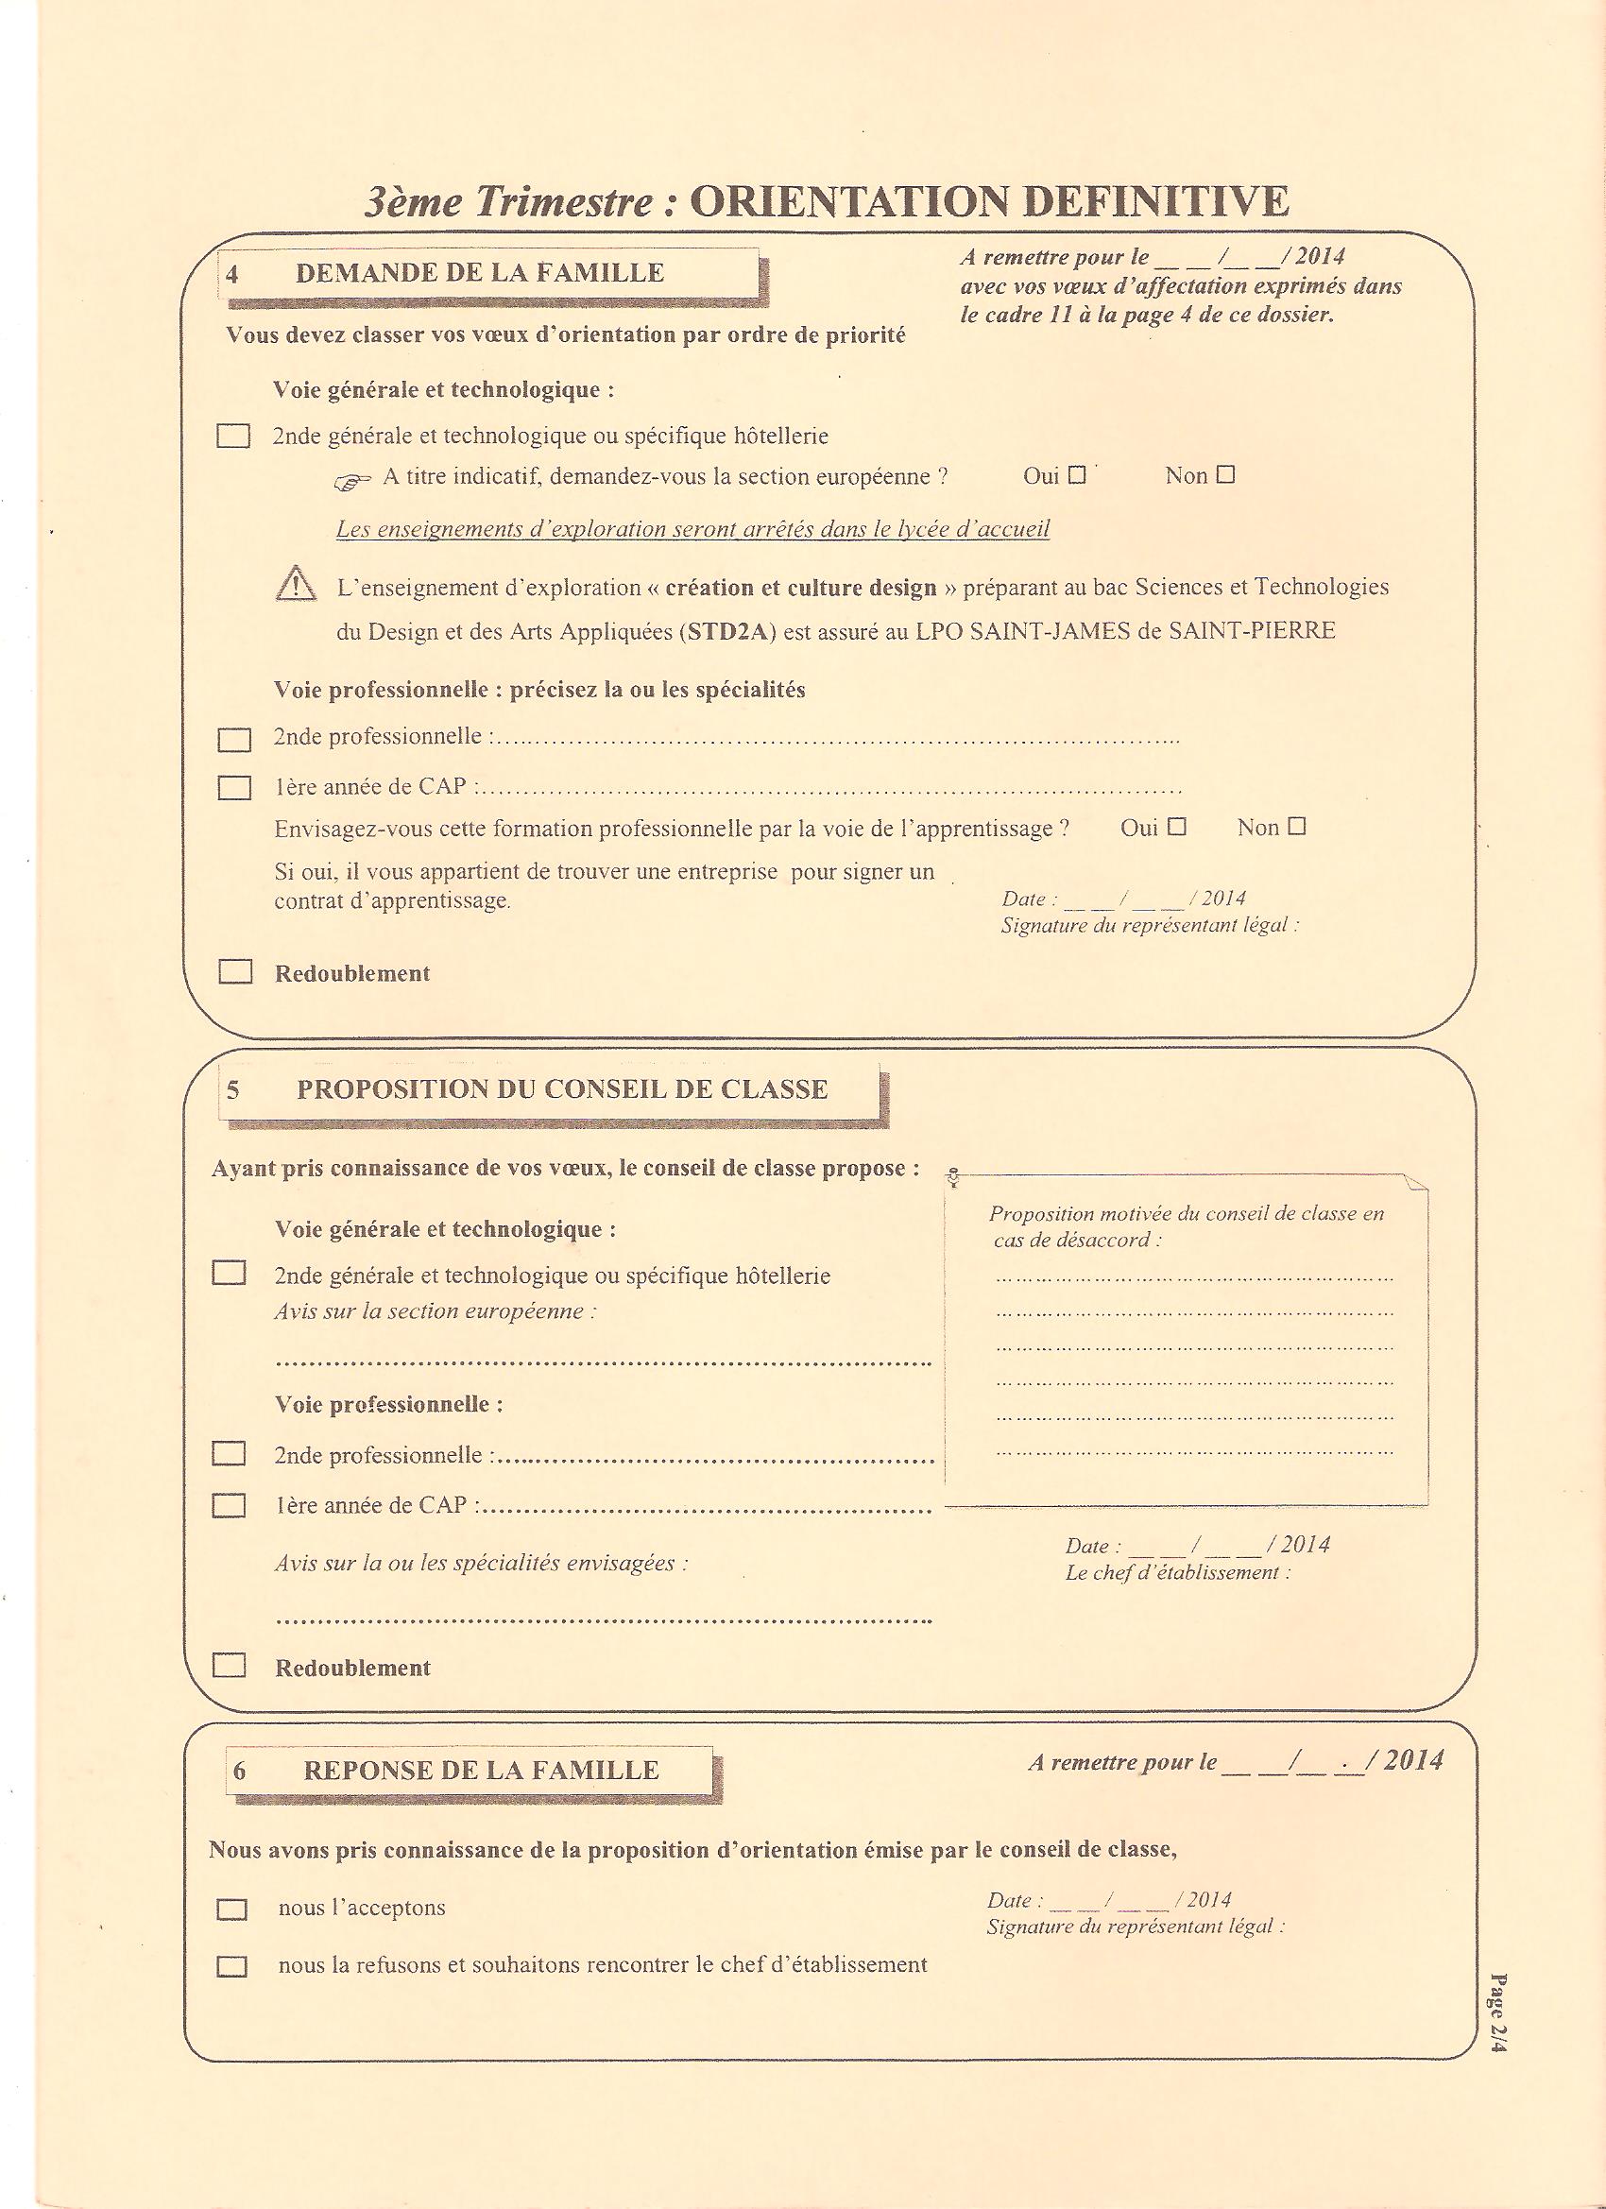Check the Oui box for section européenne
click(x=1076, y=475)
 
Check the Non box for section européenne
click(x=1225, y=475)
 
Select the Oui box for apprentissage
click(x=1176, y=827)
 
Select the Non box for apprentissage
click(x=1295, y=827)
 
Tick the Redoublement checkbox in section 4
click(x=234, y=972)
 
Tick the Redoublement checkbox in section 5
click(x=229, y=1666)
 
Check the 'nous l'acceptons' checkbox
click(x=231, y=1909)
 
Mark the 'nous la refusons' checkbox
click(x=231, y=1965)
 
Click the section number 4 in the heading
click(x=231, y=274)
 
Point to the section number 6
click(x=239, y=1770)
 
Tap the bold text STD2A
click(x=730, y=630)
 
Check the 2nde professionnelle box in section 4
click(x=233, y=739)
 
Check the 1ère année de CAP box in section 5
click(x=229, y=1506)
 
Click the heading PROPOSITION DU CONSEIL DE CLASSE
click(x=562, y=1089)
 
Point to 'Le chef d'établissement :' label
click(x=1177, y=1572)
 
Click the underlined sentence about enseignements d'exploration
click(x=692, y=529)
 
